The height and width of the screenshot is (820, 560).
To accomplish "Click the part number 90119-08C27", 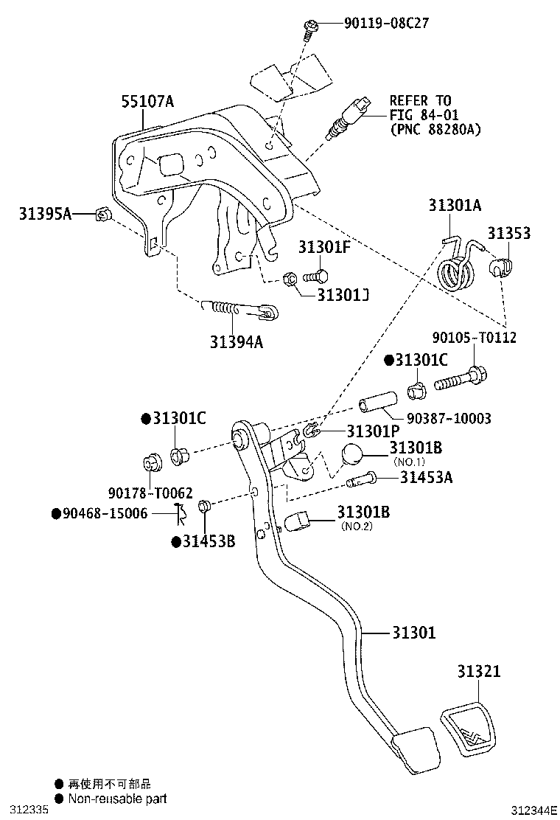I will pyautogui.click(x=386, y=23).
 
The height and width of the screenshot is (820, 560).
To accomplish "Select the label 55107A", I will pyautogui.click(x=147, y=102).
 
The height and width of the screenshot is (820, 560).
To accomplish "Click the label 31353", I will pyautogui.click(x=508, y=234).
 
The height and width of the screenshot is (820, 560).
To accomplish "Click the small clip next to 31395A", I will pyautogui.click(x=103, y=215).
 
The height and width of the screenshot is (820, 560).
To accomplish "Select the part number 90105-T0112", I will pyautogui.click(x=474, y=338).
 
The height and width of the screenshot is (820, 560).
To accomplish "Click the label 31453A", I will pyautogui.click(x=426, y=478).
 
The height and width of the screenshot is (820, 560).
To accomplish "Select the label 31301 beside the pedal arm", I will pyautogui.click(x=413, y=633).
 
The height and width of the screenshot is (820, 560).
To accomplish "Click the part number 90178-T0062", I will pyautogui.click(x=150, y=492).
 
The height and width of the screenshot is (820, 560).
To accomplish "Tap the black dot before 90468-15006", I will pyautogui.click(x=55, y=512).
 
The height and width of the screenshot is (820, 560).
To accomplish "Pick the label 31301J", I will pyautogui.click(x=343, y=295).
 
